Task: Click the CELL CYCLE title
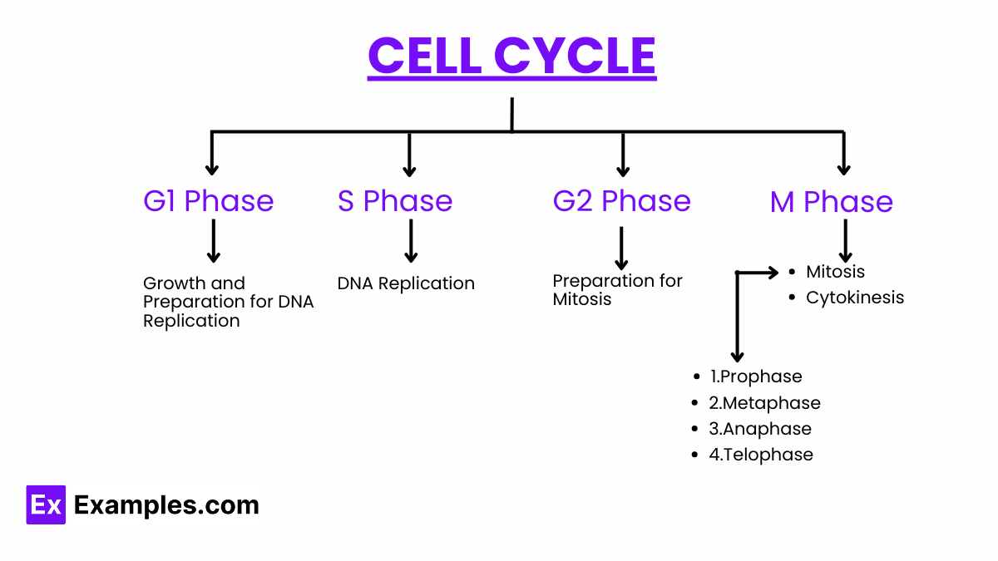[511, 56]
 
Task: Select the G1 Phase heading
[208, 201]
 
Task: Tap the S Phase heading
[395, 201]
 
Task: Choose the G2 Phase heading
[621, 201]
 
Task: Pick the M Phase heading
[831, 202]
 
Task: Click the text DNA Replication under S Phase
[406, 283]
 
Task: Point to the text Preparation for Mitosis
[617, 290]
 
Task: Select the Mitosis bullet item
[835, 272]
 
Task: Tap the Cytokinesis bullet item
[854, 298]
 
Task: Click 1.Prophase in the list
[755, 376]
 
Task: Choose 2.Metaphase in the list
[764, 403]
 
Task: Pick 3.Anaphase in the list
[759, 429]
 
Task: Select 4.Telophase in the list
[760, 455]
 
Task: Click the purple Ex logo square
[46, 504]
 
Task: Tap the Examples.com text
[166, 505]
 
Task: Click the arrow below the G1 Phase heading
[214, 241]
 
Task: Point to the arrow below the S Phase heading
[410, 241]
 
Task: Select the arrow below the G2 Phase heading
[621, 248]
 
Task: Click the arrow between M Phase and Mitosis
[845, 241]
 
